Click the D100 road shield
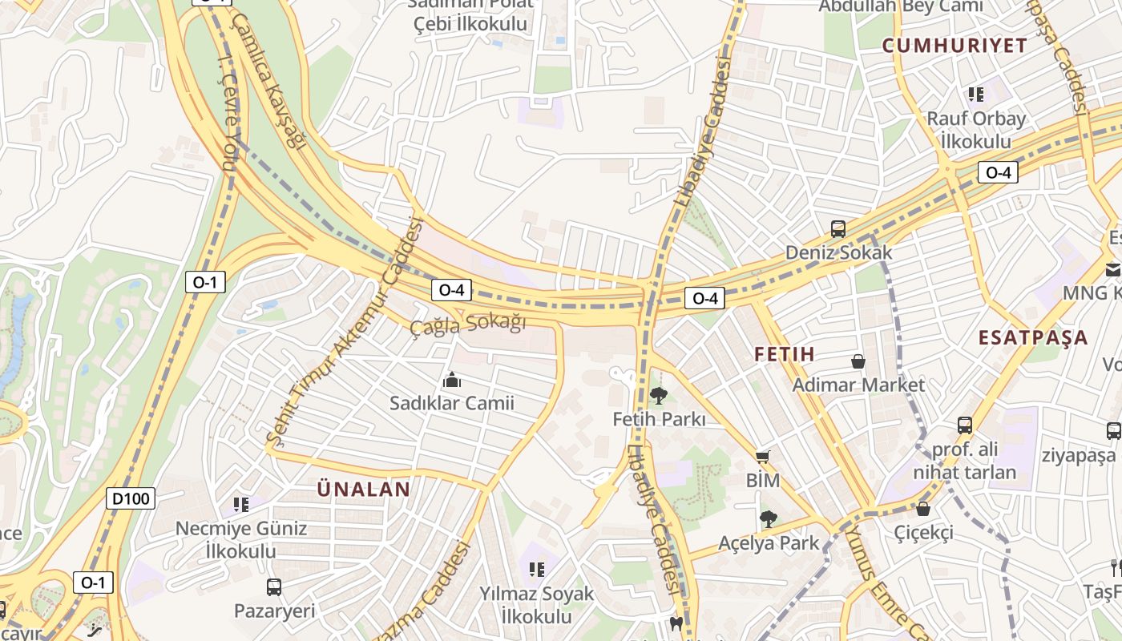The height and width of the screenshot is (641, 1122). point(130,499)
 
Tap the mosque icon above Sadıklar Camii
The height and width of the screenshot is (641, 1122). point(452,380)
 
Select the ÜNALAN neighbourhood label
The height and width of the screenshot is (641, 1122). point(364,489)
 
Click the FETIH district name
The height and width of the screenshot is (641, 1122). point(785,353)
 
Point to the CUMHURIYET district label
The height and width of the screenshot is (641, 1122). point(955,46)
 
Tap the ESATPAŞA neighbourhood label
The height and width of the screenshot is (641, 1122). point(1033,337)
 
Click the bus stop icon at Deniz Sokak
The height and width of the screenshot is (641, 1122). point(837,229)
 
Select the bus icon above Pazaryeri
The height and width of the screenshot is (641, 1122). point(274,587)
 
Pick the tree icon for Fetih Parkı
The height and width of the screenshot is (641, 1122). point(659,395)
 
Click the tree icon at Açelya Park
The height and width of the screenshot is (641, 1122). point(768,519)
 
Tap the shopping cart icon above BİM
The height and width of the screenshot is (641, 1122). point(762,457)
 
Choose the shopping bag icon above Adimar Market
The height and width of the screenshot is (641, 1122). point(858,361)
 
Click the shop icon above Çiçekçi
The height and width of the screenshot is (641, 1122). point(923,509)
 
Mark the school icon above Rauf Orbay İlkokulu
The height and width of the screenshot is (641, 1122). point(975,95)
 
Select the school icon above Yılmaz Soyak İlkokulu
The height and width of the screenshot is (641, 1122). point(536,570)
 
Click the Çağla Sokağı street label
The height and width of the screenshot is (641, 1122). point(468,325)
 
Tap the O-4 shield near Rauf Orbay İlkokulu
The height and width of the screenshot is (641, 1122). point(998,172)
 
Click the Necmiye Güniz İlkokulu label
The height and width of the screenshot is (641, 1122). point(240,539)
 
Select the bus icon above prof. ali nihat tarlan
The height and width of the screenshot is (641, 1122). point(965,425)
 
